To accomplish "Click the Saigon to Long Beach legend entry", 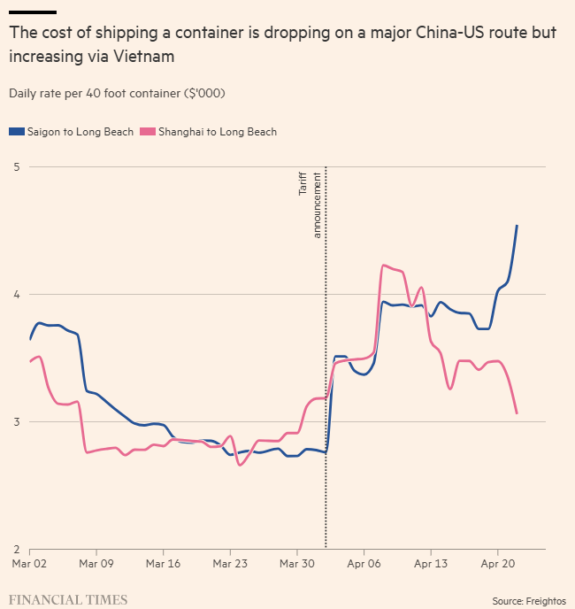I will click(71, 132).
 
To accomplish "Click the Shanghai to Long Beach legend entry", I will click(217, 132).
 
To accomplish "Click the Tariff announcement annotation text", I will click(309, 204).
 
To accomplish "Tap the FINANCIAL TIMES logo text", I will click(68, 599).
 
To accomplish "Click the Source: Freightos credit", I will click(529, 599).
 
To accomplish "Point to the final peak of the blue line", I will click(517, 226).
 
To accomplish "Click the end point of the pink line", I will click(517, 413).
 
